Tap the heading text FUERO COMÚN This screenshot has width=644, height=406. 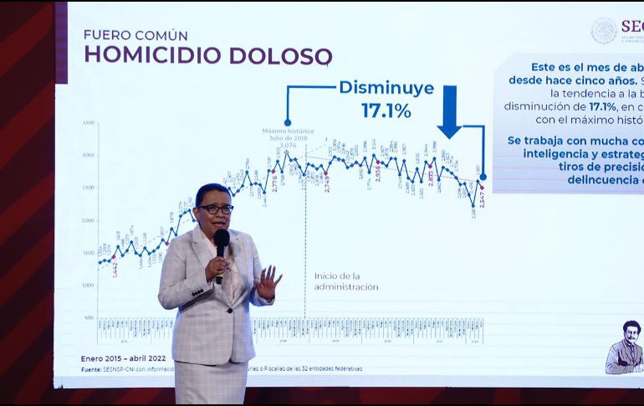pyautogui.click(x=135, y=35)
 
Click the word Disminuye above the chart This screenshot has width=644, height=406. pyautogui.click(x=386, y=87)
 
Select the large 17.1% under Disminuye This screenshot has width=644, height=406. pyautogui.click(x=386, y=110)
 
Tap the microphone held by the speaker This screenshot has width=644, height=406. pyautogui.click(x=221, y=243)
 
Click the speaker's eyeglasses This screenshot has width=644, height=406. pyautogui.click(x=216, y=208)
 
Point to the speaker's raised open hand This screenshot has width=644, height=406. pyautogui.click(x=268, y=282)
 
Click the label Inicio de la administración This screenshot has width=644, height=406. pyautogui.click(x=345, y=281)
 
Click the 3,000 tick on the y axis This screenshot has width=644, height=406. pyautogui.click(x=89, y=156)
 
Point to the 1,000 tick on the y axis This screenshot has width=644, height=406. pyautogui.click(x=89, y=285)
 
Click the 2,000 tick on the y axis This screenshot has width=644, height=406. pyautogui.click(x=89, y=221)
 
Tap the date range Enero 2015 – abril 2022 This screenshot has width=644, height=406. pyautogui.click(x=123, y=358)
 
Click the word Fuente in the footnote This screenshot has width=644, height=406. pyautogui.click(x=91, y=368)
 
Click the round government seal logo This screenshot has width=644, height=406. pyautogui.click(x=603, y=31)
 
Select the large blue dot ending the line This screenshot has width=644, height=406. pyautogui.click(x=483, y=177)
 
